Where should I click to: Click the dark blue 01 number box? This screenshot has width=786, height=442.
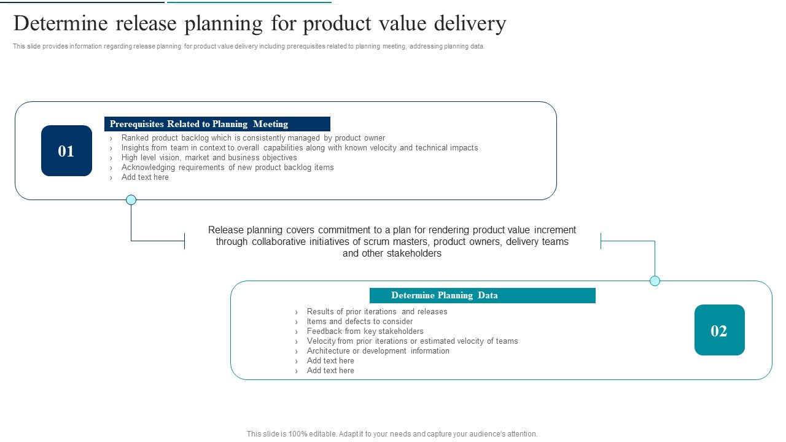click(x=66, y=151)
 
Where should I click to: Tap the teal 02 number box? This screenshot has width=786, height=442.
click(x=719, y=330)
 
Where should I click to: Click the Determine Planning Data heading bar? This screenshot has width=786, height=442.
click(x=482, y=295)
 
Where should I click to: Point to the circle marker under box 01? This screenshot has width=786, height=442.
click(x=131, y=200)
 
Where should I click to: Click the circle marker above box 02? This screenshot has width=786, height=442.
click(x=655, y=281)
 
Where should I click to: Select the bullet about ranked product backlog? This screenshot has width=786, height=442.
click(x=253, y=138)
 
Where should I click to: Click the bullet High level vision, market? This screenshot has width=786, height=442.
click(x=209, y=158)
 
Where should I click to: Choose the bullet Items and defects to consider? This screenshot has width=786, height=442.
click(x=359, y=322)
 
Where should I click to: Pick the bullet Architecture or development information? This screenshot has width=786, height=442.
click(x=378, y=351)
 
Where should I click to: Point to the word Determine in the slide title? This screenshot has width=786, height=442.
click(x=60, y=24)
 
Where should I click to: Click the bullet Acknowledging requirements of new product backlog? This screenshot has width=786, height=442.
click(x=227, y=168)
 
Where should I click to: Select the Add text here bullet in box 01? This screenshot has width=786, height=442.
click(x=145, y=177)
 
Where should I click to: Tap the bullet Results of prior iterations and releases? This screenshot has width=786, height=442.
click(x=376, y=312)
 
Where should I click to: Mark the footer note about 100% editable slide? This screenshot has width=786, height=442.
click(x=392, y=434)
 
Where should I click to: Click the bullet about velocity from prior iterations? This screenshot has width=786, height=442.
click(x=412, y=341)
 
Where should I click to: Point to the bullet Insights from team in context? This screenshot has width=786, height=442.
click(x=299, y=148)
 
